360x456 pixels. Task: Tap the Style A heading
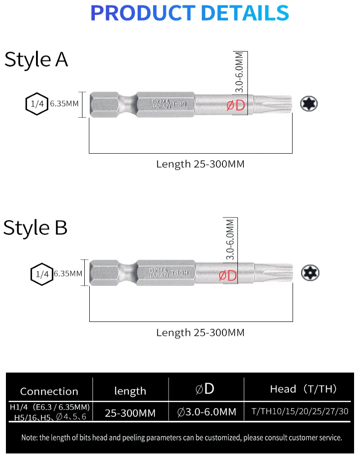coord(36,60)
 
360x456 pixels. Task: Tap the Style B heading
coord(35,228)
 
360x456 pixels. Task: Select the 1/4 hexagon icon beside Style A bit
coord(36,104)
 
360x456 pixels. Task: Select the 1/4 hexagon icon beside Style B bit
coord(41,274)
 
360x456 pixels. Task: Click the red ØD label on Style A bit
coord(236,105)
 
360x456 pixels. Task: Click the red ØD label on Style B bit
coord(228,275)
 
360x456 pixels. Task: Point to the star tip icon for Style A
coord(309,104)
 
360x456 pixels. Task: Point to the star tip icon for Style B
coord(310,273)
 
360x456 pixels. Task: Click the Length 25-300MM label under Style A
coord(200,164)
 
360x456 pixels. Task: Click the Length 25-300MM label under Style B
coord(200,332)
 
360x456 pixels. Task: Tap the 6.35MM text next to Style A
coord(64,104)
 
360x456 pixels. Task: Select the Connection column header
coord(49,391)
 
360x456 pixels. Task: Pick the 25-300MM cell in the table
coord(130,413)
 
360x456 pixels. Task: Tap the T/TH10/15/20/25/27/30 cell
coord(300,411)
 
